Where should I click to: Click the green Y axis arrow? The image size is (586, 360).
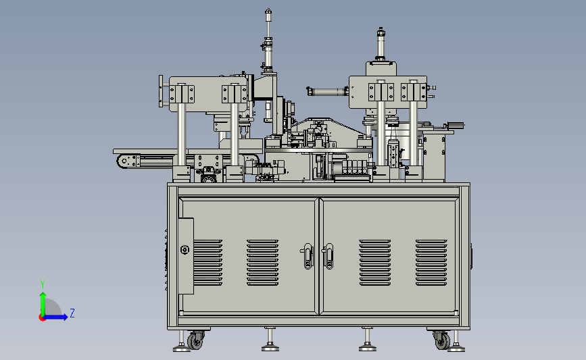click(x=43, y=304)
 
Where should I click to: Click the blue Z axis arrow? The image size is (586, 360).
click(x=55, y=317)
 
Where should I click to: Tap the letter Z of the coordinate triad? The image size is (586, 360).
click(x=72, y=313)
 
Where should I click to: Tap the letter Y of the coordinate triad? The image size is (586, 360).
click(x=43, y=284)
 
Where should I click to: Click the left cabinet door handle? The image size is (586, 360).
click(x=308, y=256)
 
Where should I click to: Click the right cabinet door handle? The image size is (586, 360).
click(x=328, y=256)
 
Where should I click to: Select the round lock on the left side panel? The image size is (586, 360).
click(x=185, y=249)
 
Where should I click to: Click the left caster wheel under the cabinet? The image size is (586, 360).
click(x=195, y=341)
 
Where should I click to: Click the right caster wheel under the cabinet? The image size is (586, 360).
click(x=443, y=341)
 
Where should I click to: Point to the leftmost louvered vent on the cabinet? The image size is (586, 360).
click(x=207, y=263)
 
